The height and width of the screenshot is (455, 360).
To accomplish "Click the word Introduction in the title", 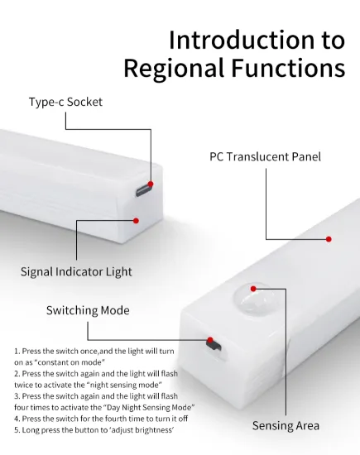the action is point(242,40).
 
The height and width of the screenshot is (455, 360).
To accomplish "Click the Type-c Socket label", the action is point(65,102).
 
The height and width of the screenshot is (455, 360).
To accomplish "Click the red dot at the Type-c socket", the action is point(151,184).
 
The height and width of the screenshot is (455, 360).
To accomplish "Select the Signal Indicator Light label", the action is point(76,272).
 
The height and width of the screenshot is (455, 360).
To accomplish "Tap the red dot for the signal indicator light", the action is point(136,221).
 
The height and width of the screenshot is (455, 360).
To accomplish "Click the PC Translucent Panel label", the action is point(265,156).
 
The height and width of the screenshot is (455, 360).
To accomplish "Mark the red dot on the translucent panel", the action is point(329,239).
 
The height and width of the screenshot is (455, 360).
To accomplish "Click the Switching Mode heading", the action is point(88,310).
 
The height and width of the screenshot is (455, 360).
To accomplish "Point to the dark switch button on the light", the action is point(214,344).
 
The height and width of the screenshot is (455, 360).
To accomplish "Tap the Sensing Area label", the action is point(286,426).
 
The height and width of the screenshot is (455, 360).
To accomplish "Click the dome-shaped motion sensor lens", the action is point(253,299).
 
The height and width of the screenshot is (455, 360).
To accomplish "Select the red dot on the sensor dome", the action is point(253,289).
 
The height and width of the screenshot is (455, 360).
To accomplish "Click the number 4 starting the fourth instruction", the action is point(17,419).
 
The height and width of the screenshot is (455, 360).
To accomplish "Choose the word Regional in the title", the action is point(174,69).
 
